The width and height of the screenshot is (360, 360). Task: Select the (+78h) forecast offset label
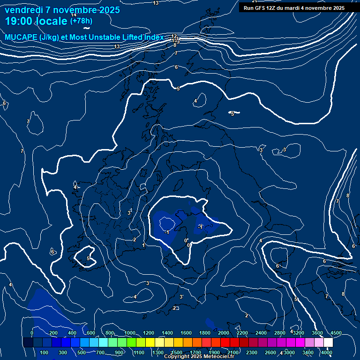pyautogui.click(x=81, y=21)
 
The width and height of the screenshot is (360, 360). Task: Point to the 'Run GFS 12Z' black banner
pyautogui.click(x=294, y=8)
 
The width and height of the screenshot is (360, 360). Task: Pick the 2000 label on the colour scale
pyautogui.click(x=223, y=333)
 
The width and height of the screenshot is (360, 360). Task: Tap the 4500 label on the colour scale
pyautogui.click(x=336, y=333)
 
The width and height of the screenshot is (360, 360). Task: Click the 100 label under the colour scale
pyautogui.click(x=45, y=352)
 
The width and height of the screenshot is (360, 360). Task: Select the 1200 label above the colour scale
pyautogui.click(x=148, y=333)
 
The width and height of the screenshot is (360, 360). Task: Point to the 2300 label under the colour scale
pyautogui.click(x=252, y=352)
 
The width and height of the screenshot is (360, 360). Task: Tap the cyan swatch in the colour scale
pyautogui.click(x=103, y=343)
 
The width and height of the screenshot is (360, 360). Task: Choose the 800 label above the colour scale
pyautogui.click(x=110, y=333)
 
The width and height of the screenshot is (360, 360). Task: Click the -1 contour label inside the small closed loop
pyautogui.click(x=167, y=232)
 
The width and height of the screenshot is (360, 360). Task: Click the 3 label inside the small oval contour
pyautogui.click(x=284, y=150)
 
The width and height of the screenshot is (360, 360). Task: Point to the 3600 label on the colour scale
pyautogui.click(x=317, y=333)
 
